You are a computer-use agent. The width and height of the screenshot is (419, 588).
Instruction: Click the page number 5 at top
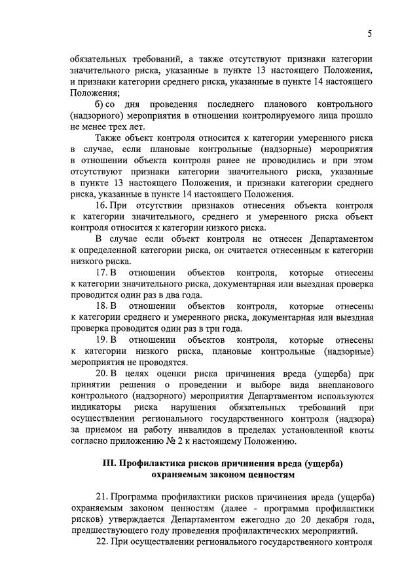pyautogui.click(x=369, y=34)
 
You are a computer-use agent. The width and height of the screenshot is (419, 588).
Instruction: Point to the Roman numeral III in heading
pyautogui.click(x=109, y=463)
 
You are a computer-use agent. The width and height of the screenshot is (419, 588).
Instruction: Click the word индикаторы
pyautogui.click(x=94, y=408)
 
